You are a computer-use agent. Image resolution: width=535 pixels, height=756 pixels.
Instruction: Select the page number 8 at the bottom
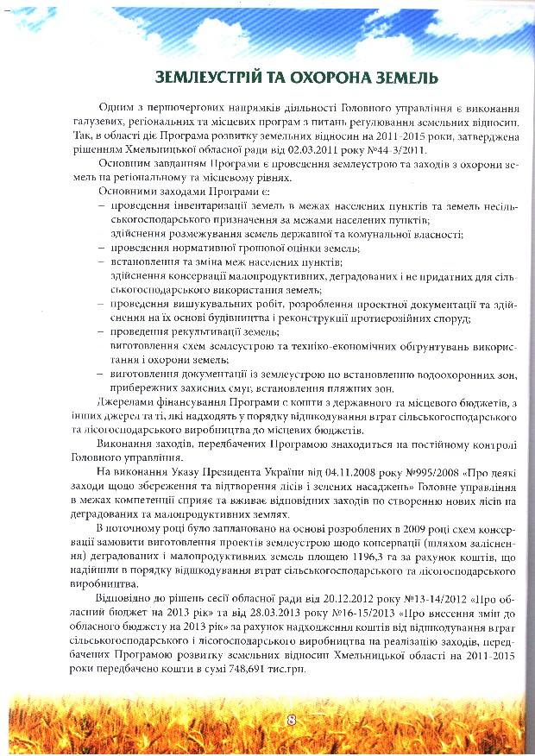coord(291,718)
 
